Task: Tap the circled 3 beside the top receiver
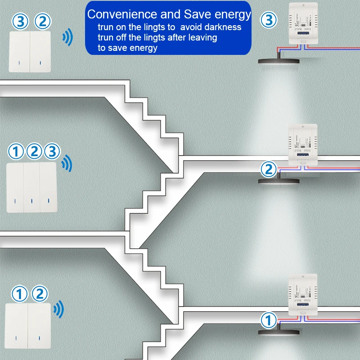[x=269, y=20]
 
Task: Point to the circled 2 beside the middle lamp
[x=269, y=170]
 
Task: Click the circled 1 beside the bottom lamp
[x=268, y=321]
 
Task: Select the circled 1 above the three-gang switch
[x=16, y=152]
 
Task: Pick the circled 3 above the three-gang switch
[x=52, y=152]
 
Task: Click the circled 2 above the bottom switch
[x=40, y=294]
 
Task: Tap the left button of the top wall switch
[x=19, y=52]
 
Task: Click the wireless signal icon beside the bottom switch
[x=58, y=309]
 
